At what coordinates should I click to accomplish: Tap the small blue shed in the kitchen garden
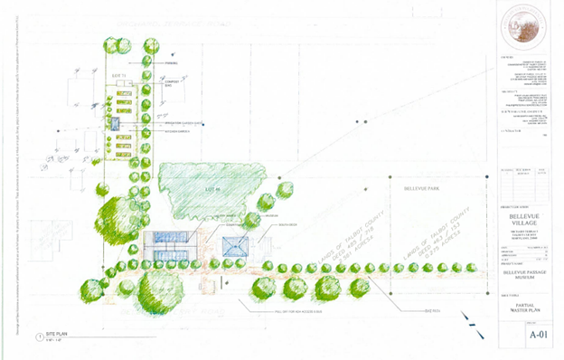[117, 121]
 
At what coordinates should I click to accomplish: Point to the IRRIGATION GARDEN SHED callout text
[177, 123]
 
